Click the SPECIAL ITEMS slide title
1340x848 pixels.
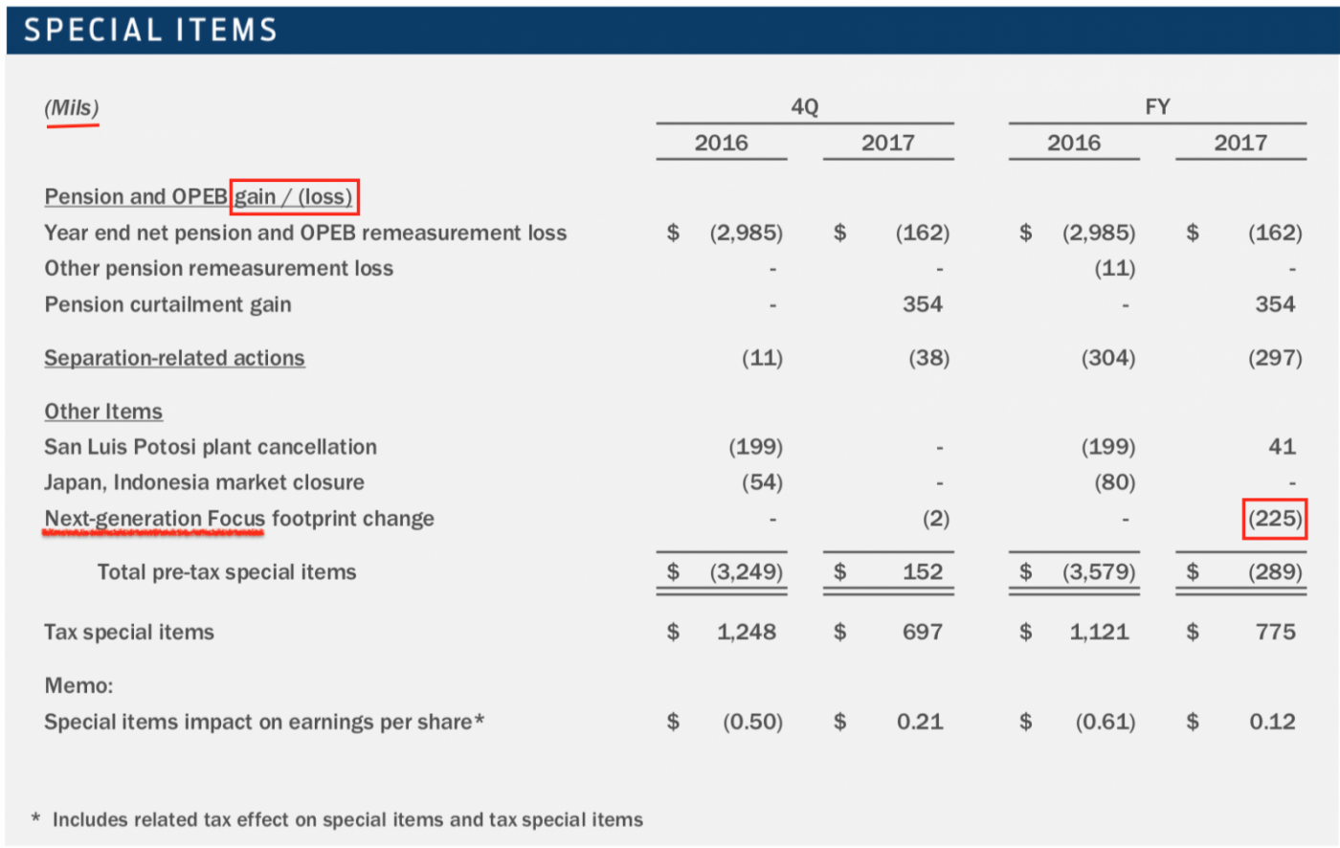coord(150,31)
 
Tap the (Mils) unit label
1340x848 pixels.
coord(72,108)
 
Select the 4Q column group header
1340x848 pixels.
coord(804,107)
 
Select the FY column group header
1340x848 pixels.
coord(1156,107)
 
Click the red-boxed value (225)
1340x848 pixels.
coord(1274,519)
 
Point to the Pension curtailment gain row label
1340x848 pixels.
coord(167,304)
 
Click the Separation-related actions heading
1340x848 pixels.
coord(174,358)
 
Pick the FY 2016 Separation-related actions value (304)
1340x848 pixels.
coord(1107,358)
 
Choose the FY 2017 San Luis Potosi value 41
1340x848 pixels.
coord(1282,447)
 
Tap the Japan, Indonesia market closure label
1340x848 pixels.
coord(204,482)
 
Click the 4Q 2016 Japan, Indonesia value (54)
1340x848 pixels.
coord(762,482)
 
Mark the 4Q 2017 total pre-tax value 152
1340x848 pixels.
coord(922,572)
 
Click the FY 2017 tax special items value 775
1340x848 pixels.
coord(1275,633)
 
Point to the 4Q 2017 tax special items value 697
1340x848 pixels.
coord(922,633)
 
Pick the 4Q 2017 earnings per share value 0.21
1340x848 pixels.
coord(920,722)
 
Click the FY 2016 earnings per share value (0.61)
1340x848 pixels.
coord(1105,722)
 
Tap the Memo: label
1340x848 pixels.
coord(78,685)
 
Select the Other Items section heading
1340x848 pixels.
coord(103,412)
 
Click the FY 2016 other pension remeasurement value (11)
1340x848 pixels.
coord(1114,269)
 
